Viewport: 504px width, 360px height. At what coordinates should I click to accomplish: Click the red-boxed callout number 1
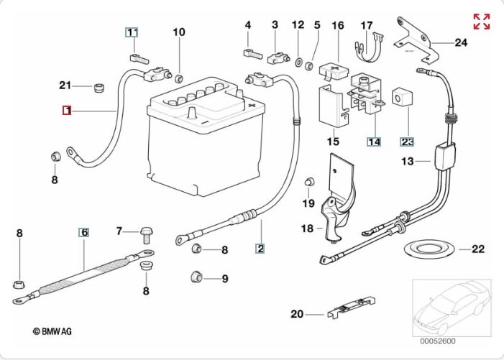click(66, 111)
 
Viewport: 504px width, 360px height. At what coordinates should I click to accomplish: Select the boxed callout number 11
click(132, 32)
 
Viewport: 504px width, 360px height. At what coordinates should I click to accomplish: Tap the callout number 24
click(460, 42)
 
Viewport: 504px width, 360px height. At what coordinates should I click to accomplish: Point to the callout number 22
click(478, 249)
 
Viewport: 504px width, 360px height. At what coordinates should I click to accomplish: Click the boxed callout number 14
click(374, 142)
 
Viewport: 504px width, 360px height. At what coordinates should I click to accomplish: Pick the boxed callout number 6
click(83, 232)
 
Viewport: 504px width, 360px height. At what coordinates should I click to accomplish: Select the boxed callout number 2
click(260, 249)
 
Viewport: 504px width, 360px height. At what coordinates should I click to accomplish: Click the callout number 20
click(297, 313)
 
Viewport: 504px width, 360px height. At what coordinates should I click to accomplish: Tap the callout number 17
click(367, 26)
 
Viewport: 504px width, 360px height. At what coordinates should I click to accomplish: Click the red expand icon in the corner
click(482, 22)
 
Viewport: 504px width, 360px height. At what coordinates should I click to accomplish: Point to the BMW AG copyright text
click(52, 331)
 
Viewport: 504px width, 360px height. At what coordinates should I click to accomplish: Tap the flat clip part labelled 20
click(352, 310)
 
